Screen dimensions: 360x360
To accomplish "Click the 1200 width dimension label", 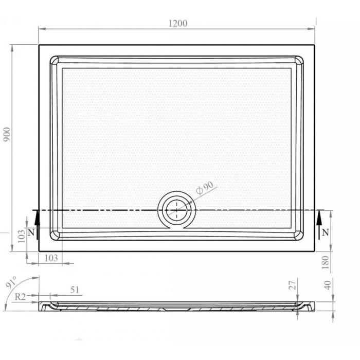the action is click(x=178, y=24).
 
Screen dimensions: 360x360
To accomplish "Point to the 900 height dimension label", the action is click(x=7, y=134).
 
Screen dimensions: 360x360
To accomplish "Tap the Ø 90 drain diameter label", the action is click(x=205, y=188).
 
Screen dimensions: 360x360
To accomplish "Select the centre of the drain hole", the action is click(x=176, y=210).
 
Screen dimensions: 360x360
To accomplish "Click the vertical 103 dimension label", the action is click(x=22, y=236).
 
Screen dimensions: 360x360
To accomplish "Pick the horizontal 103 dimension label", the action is click(x=51, y=258).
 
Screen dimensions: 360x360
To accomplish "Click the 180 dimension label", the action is click(x=326, y=262).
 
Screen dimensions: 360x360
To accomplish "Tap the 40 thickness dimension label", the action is click(x=328, y=285).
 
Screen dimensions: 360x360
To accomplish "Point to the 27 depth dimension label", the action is click(x=293, y=285).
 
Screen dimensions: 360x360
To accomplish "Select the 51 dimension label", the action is click(x=75, y=290).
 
